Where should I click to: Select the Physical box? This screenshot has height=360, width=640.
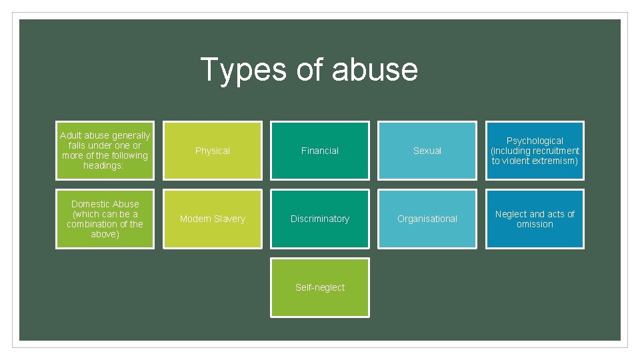[x=213, y=151]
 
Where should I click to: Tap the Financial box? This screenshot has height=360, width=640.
[x=320, y=151]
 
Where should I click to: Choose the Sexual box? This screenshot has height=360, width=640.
[x=427, y=151]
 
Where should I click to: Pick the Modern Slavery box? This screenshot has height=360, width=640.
[x=213, y=219]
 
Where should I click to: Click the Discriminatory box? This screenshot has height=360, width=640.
[x=320, y=219]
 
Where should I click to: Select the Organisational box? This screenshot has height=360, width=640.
[x=427, y=219]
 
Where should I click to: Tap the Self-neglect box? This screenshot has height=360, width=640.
[x=320, y=287]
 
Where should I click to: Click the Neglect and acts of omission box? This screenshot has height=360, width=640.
[x=535, y=219]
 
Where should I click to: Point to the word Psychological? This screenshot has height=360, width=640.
[x=535, y=141]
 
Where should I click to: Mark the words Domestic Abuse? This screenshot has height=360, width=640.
[x=105, y=204]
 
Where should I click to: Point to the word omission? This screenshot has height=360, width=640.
[x=535, y=224]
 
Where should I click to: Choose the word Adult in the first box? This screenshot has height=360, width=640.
[x=71, y=135]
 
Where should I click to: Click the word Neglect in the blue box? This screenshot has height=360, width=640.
[x=511, y=214]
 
